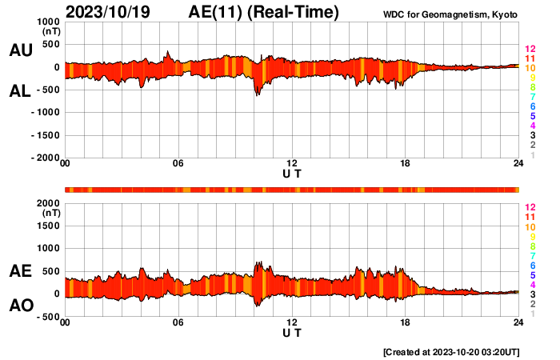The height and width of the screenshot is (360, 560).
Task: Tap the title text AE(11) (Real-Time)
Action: pos(264,12)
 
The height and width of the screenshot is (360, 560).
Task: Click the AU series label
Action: pos(20,50)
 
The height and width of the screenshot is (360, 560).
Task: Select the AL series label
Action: pos(20,91)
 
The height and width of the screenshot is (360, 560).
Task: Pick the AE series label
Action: pos(20,272)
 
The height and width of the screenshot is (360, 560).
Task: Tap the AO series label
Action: pos(20,306)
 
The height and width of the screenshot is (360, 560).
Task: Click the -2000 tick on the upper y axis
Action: pos(45,158)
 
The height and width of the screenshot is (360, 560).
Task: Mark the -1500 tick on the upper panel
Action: pos(45,135)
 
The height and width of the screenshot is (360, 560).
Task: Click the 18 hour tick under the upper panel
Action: pos(406,164)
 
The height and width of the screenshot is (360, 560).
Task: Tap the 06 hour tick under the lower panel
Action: pos(178,322)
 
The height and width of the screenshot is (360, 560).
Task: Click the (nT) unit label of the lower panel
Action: pos(50,214)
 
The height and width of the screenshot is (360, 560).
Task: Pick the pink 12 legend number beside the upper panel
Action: pos(530,49)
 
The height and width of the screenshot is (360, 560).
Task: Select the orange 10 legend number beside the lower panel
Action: pos(530,227)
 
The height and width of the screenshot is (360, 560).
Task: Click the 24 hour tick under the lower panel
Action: pos(518,322)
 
